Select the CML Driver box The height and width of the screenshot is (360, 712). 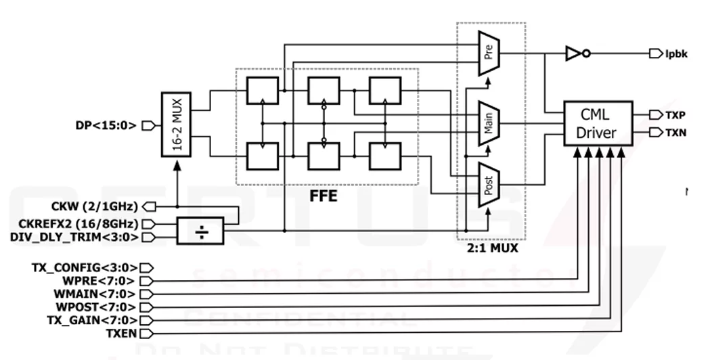(x=598, y=123)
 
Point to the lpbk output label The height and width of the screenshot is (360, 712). (x=676, y=54)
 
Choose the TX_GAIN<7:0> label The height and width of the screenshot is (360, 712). (x=91, y=320)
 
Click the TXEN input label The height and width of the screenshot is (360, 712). (x=121, y=333)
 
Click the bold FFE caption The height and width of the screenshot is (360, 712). (x=323, y=198)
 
